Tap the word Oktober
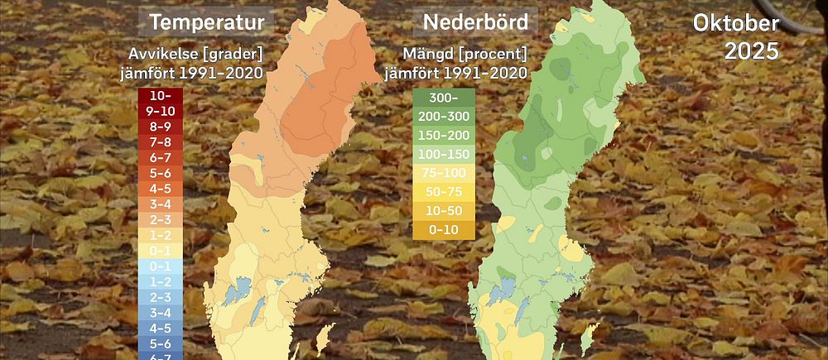pyautogui.click(x=736, y=23)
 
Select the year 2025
pyautogui.click(x=751, y=51)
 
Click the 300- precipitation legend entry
pyautogui.click(x=444, y=97)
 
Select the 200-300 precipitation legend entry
pyautogui.click(x=444, y=116)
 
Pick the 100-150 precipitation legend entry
pyautogui.click(x=444, y=154)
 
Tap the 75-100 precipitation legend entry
pyautogui.click(x=444, y=173)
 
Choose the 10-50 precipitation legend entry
pyautogui.click(x=444, y=211)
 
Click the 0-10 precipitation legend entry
pyautogui.click(x=444, y=229)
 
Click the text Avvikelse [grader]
pyautogui.click(x=195, y=55)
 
